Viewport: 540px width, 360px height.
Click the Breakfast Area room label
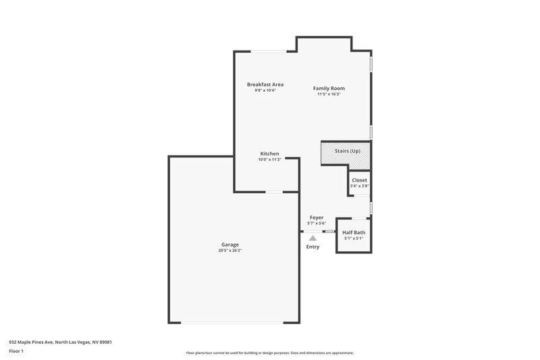[x=265, y=84]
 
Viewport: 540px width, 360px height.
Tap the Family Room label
[x=329, y=88]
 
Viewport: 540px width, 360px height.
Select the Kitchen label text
[x=269, y=153]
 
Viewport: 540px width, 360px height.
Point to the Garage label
[x=230, y=245]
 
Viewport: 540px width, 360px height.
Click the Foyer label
[x=316, y=217]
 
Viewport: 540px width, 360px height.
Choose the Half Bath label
[x=354, y=233]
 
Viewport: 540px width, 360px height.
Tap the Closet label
[x=359, y=180]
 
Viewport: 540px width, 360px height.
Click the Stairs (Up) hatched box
[x=345, y=156]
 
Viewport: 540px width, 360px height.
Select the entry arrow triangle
[x=313, y=238]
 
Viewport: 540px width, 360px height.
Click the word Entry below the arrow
[x=313, y=247]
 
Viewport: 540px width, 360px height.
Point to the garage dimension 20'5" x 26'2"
[x=230, y=251]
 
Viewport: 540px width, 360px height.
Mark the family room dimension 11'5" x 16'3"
[x=329, y=95]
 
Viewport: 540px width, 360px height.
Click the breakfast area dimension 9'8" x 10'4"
[x=265, y=91]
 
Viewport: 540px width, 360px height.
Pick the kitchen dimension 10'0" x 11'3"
[x=269, y=159]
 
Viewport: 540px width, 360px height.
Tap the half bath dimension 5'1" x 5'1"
[x=354, y=238]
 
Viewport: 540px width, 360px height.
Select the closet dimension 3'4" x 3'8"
[x=359, y=186]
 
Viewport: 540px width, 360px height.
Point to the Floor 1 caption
[x=16, y=351]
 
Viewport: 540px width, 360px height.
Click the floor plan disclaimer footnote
[x=269, y=353]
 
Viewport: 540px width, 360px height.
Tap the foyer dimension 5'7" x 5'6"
[x=316, y=223]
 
